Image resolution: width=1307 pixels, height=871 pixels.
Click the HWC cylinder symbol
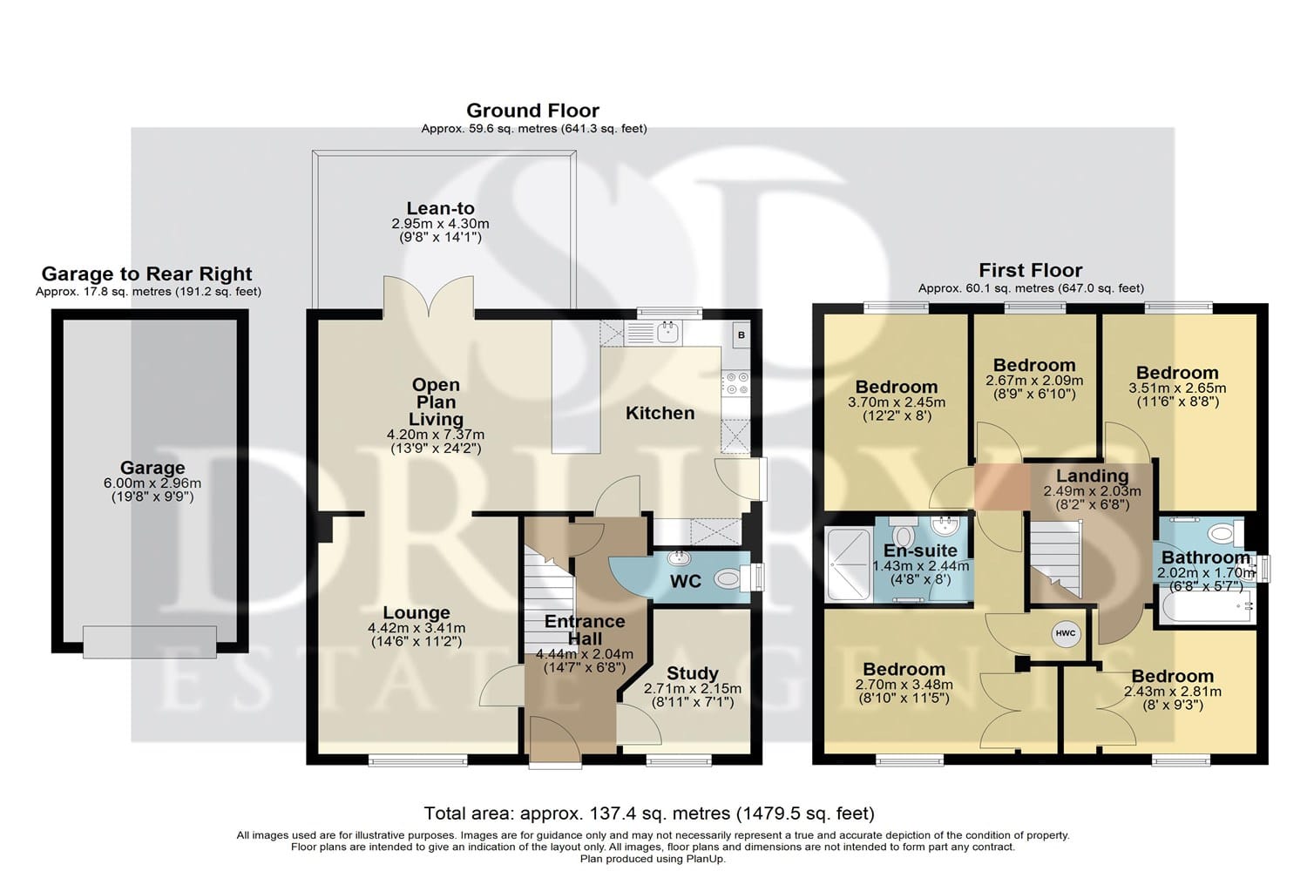(x=1066, y=633)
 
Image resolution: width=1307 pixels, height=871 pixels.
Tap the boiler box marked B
(x=741, y=335)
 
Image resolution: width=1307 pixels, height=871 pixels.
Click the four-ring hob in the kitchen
(x=735, y=384)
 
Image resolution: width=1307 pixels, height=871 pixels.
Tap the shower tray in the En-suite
(x=850, y=564)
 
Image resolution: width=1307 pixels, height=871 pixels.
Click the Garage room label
(x=152, y=468)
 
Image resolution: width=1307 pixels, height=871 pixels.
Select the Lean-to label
(x=441, y=208)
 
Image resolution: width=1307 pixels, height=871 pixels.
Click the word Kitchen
(x=660, y=413)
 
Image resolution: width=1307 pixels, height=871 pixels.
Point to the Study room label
(x=692, y=673)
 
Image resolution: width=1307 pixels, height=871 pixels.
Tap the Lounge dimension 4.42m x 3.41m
(x=416, y=628)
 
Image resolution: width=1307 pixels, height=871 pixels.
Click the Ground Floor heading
(x=532, y=111)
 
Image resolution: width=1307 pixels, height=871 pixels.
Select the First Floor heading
(x=1031, y=270)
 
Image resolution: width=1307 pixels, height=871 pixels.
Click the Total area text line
(x=649, y=814)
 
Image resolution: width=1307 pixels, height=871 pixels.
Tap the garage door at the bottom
(x=149, y=642)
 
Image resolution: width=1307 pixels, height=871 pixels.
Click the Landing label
(x=1093, y=476)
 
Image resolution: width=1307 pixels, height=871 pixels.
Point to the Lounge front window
(x=417, y=760)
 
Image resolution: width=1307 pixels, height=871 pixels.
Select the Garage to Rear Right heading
(x=147, y=273)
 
